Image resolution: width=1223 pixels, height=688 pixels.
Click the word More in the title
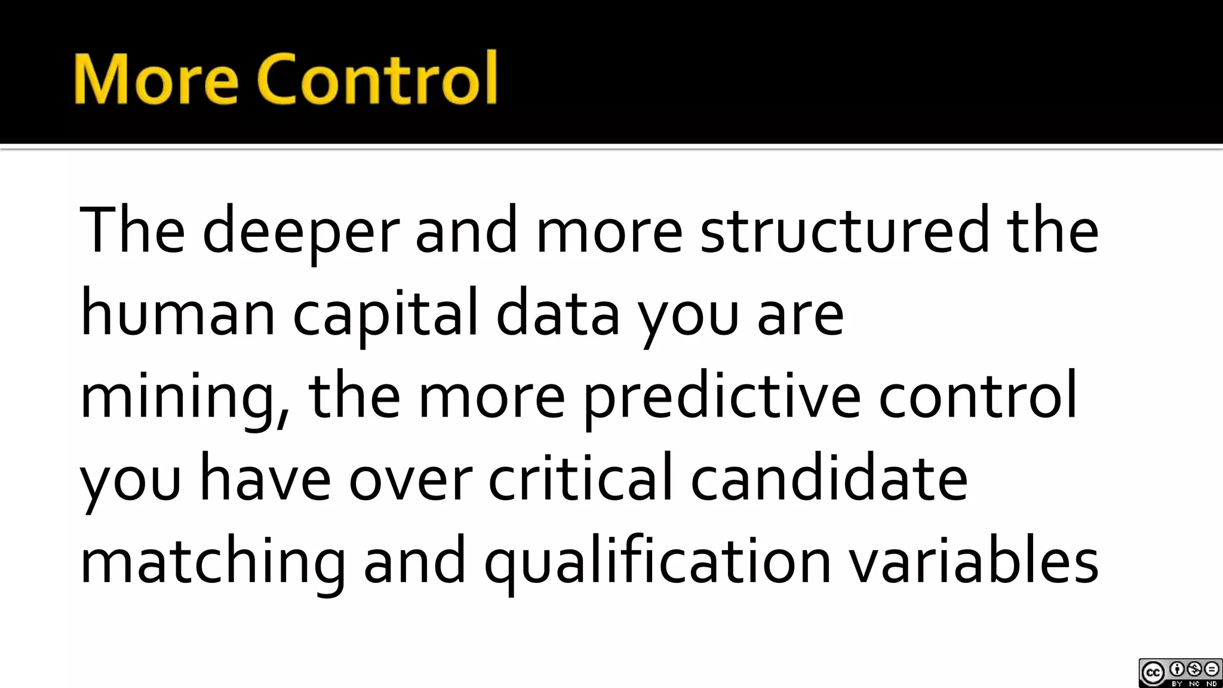156,79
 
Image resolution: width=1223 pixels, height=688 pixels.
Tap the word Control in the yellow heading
377,79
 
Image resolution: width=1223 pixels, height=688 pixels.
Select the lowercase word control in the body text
978,396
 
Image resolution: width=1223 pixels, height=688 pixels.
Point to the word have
265,478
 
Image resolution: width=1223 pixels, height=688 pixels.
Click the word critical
580,478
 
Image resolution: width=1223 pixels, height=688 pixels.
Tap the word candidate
829,478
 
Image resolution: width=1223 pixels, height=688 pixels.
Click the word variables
974,561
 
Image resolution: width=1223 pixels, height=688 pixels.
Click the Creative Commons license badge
1180,673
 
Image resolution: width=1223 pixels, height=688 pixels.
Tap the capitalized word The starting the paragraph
132,230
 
